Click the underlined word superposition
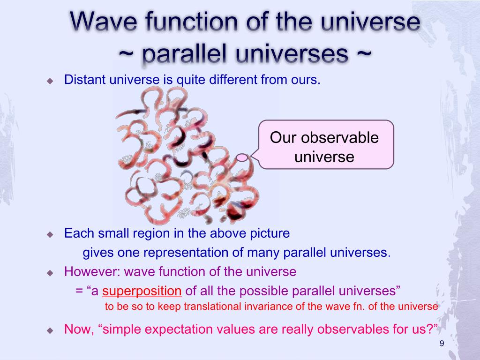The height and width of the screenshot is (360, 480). click(142, 291)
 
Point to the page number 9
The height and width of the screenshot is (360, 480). click(442, 344)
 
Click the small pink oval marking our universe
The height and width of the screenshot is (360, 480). click(242, 157)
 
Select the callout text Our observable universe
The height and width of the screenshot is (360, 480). click(324, 147)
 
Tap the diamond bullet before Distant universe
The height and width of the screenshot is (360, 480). click(50, 81)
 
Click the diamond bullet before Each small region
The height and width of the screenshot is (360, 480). click(50, 235)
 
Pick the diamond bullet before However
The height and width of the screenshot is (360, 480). click(50, 273)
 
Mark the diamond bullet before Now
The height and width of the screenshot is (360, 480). click(50, 330)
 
